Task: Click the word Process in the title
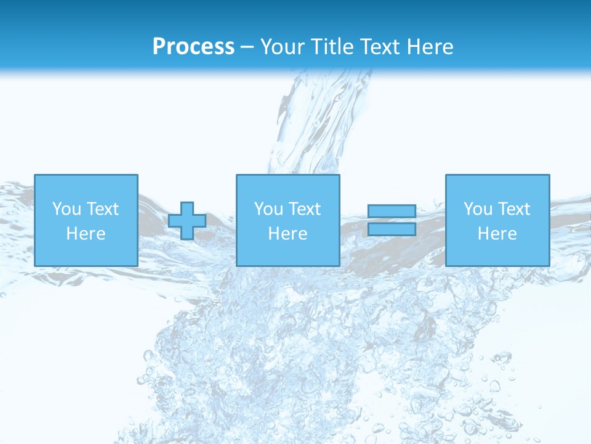click(x=193, y=47)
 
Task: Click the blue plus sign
click(x=187, y=221)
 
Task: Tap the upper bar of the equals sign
click(x=392, y=211)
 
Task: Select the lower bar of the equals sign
click(x=392, y=229)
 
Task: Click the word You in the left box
click(x=66, y=209)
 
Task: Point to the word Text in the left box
click(x=102, y=209)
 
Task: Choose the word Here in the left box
click(x=86, y=234)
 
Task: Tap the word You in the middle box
click(x=268, y=209)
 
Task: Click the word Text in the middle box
click(x=304, y=209)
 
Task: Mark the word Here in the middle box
click(x=287, y=234)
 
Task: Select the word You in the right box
click(x=478, y=209)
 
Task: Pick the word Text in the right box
click(x=513, y=209)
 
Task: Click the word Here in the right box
click(x=497, y=234)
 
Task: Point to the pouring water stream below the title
click(x=314, y=123)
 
